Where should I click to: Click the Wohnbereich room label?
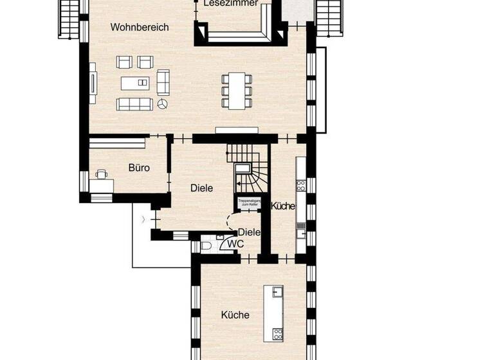click(x=139, y=27)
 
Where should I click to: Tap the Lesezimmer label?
click(x=230, y=3)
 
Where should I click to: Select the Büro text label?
click(x=139, y=168)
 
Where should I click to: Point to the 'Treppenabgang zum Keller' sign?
click(x=248, y=203)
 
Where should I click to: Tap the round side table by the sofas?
click(x=163, y=104)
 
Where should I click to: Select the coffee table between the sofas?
click(x=136, y=83)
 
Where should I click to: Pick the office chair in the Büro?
click(x=102, y=174)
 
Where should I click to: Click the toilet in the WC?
click(x=206, y=245)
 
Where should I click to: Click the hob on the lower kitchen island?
click(x=278, y=333)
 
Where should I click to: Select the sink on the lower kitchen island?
click(x=278, y=293)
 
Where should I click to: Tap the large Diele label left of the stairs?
click(x=201, y=188)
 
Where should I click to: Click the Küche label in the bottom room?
click(x=235, y=315)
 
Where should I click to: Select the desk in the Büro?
click(x=101, y=185)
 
